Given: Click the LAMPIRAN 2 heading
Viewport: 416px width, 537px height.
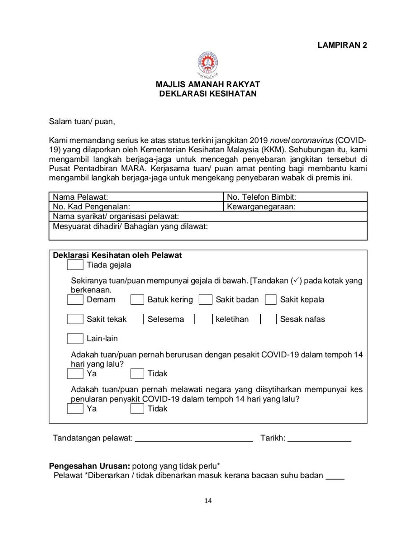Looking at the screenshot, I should [342, 45].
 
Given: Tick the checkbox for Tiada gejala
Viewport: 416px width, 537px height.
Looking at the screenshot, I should [75, 265].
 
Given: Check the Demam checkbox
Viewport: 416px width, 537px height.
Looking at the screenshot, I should [75, 300].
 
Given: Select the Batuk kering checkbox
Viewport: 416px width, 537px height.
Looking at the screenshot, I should [137, 300].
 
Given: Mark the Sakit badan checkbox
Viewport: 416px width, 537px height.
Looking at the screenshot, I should [205, 300].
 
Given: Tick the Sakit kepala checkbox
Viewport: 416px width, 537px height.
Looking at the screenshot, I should [271, 300].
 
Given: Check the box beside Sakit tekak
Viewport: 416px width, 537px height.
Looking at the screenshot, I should [75, 319].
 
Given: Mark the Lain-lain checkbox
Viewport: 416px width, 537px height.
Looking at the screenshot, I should [75, 338].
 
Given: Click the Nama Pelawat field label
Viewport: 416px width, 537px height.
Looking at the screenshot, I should [81, 197].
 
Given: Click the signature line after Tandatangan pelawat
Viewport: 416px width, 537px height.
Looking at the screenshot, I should [194, 439].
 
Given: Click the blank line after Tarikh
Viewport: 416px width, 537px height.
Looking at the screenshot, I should [319, 439].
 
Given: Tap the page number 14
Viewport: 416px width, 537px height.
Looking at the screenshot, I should [208, 501].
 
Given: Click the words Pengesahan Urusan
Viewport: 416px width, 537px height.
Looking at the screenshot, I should [90, 466].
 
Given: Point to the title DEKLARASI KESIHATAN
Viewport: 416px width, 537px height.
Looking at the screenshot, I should [208, 94].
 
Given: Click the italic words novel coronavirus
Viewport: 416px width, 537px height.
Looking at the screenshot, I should [302, 140].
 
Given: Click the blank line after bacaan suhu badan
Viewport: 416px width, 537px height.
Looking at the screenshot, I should [335, 476].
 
